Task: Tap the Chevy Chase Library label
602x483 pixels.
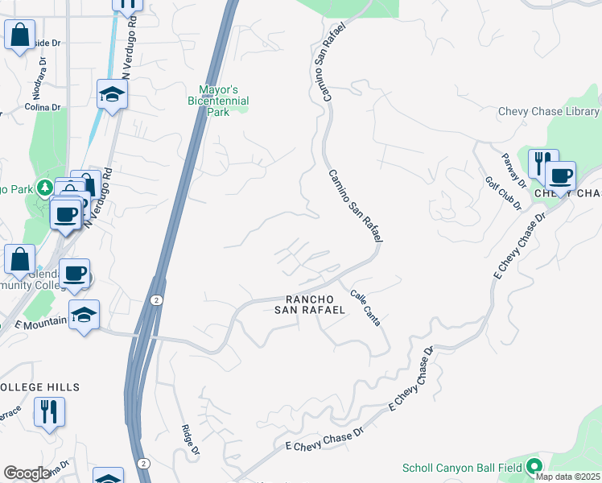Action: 549,112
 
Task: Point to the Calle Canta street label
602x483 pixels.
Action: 365,308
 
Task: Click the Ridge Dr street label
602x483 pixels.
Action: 190,441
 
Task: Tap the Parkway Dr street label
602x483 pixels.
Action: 513,171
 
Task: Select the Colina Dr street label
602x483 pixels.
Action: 43,107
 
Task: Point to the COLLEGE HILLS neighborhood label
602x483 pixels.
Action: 39,387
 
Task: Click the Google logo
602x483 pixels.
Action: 27,473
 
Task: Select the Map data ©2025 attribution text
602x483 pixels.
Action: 568,477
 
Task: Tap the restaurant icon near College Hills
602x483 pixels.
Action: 49,411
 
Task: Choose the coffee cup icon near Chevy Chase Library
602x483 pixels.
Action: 560,175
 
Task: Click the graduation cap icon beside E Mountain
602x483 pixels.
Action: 84,314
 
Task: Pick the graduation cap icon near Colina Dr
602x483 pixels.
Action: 113,93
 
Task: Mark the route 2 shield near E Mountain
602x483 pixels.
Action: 156,299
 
